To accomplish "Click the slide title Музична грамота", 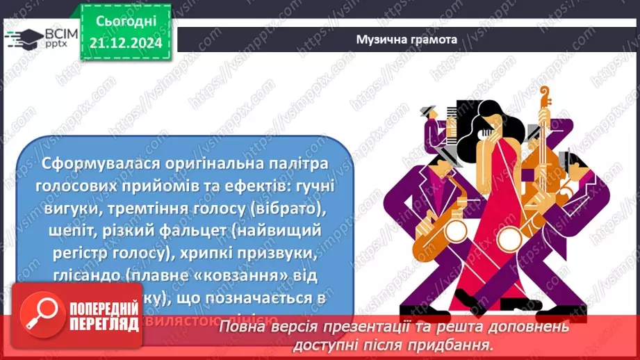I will click(x=407, y=40).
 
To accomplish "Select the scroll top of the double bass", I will click(x=543, y=97).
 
